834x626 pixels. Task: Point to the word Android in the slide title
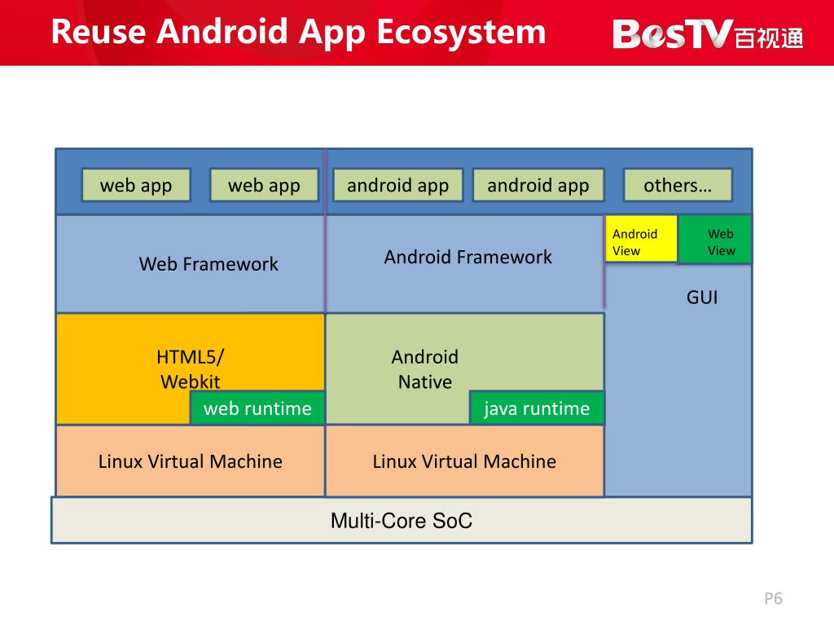coord(222,33)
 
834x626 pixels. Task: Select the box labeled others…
coord(678,185)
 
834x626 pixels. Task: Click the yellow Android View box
coord(641,239)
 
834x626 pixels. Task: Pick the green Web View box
coord(715,240)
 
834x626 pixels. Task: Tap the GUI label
coord(702,297)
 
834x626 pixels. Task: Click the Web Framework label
coord(208,264)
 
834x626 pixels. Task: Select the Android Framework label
coord(467,258)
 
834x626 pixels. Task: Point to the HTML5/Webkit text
coord(191,368)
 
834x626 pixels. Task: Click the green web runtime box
coord(257,408)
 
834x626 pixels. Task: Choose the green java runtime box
coord(537,408)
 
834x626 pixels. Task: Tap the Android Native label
coord(425,368)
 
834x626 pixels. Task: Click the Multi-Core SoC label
coord(402,521)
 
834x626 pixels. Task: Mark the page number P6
coord(773,599)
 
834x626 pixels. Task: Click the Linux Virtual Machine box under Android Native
coord(464,461)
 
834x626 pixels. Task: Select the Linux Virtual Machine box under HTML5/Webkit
coord(191,461)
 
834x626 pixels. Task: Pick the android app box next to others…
coord(538,185)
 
